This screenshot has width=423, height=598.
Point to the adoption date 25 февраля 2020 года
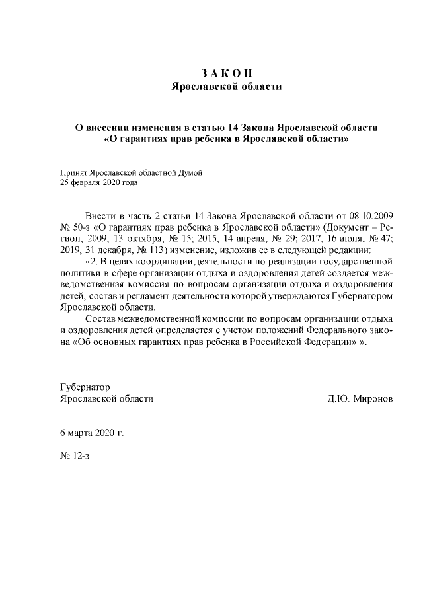click(99, 182)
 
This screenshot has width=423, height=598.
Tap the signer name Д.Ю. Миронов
click(360, 399)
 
